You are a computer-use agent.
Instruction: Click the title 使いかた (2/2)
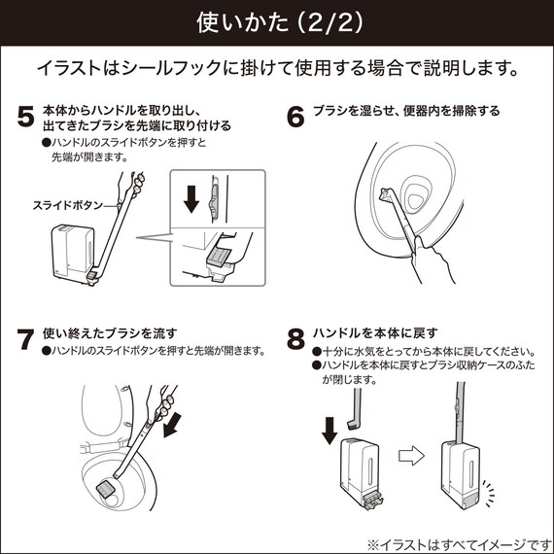tap(276, 20)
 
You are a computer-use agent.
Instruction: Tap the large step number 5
tap(26, 118)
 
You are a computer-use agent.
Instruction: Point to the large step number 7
tap(26, 340)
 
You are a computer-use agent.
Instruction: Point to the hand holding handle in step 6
tap(429, 259)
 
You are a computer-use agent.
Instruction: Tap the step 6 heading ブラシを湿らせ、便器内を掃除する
tap(405, 111)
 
